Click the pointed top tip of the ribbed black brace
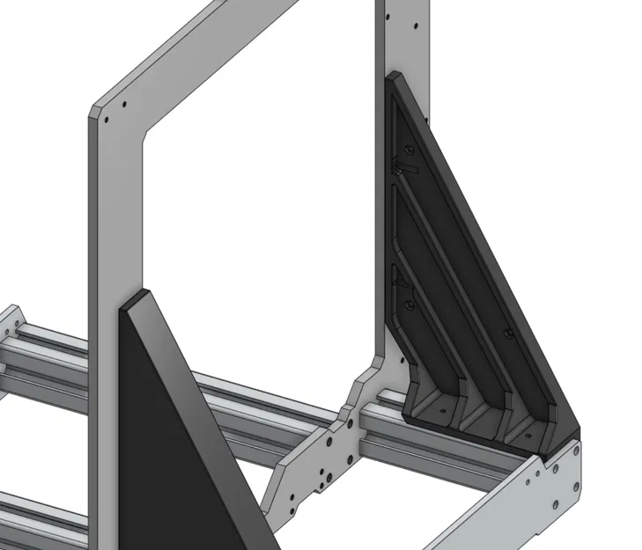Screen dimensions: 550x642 (394, 77)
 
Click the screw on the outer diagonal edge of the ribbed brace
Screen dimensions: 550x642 (508, 333)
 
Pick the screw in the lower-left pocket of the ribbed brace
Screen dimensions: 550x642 (410, 304)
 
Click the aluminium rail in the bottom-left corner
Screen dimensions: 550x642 (35, 519)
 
